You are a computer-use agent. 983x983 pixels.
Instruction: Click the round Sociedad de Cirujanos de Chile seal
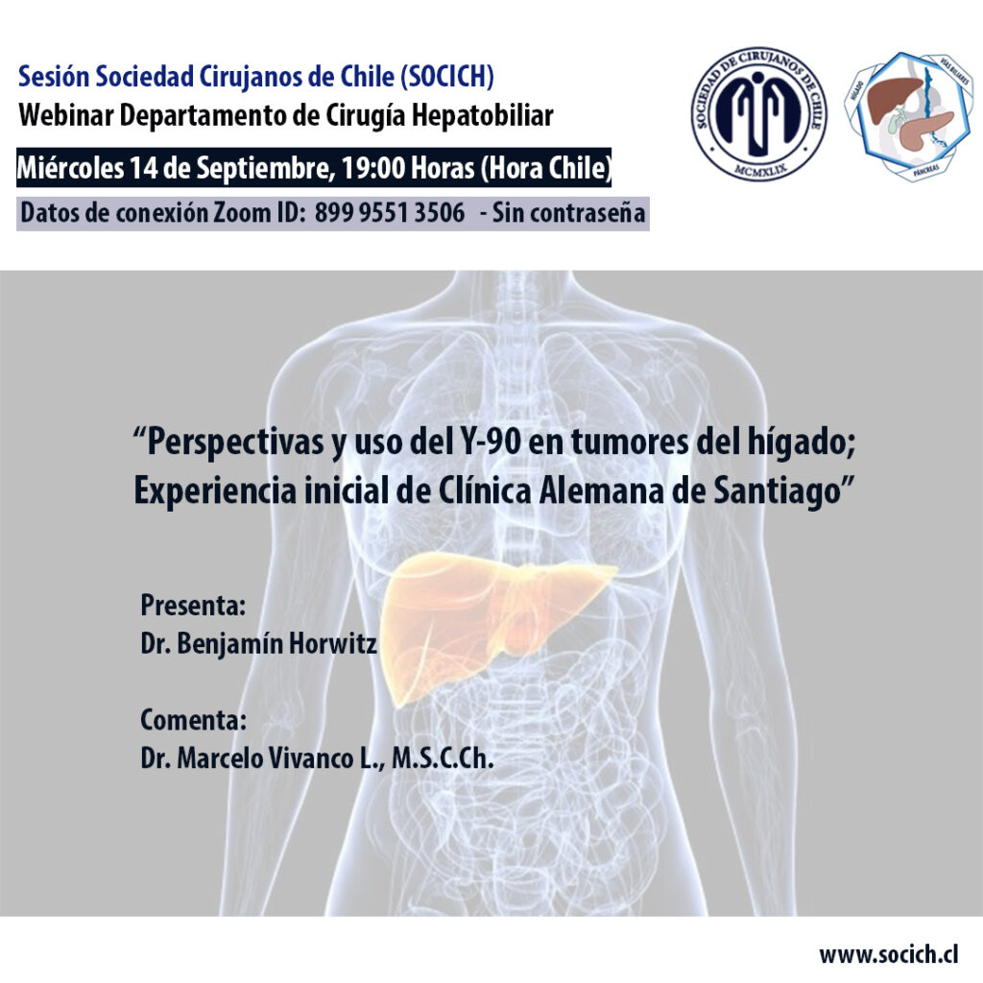[x=759, y=114]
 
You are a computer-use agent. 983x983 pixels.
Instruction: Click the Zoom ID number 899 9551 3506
[x=390, y=212]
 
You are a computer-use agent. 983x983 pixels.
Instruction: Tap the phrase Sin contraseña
[x=568, y=213]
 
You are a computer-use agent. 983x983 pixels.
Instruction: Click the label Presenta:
[x=192, y=605]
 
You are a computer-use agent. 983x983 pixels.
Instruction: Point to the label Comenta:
[x=193, y=720]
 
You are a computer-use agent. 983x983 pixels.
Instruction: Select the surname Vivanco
[x=311, y=758]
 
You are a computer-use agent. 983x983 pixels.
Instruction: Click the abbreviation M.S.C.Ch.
[x=443, y=758]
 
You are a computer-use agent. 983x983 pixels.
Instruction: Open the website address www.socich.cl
[x=888, y=954]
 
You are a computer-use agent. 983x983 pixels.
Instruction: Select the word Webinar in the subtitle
[x=66, y=115]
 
